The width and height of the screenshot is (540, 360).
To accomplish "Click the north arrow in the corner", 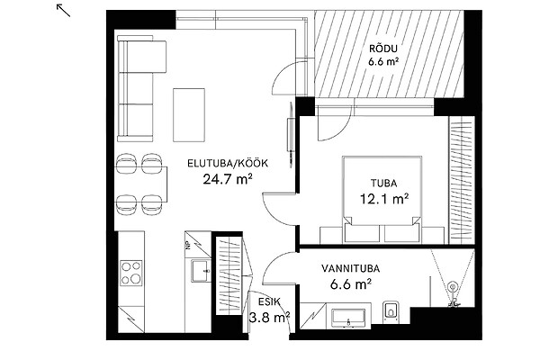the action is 63,10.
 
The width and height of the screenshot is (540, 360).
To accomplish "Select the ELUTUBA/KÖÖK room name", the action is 228,163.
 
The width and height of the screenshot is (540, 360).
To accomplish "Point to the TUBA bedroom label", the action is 384,184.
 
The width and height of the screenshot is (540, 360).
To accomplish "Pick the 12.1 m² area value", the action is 384,199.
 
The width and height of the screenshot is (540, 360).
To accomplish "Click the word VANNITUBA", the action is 351,268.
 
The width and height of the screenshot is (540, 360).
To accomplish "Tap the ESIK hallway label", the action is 269,301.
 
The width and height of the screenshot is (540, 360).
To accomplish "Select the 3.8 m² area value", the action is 269,317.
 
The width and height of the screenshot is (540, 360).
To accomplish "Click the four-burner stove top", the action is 130,273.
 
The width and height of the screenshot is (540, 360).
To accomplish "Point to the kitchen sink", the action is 201,271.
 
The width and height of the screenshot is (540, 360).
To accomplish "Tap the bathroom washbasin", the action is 348,318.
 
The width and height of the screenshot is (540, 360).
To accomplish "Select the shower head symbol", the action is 453,286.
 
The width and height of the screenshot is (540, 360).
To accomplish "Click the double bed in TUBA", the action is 382,200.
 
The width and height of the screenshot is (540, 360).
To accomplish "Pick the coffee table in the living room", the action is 189,115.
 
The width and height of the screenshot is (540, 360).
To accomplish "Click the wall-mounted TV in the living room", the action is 291,134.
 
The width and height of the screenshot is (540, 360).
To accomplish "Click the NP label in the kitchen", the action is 188,244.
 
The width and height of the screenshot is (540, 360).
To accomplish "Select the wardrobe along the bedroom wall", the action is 462,180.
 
